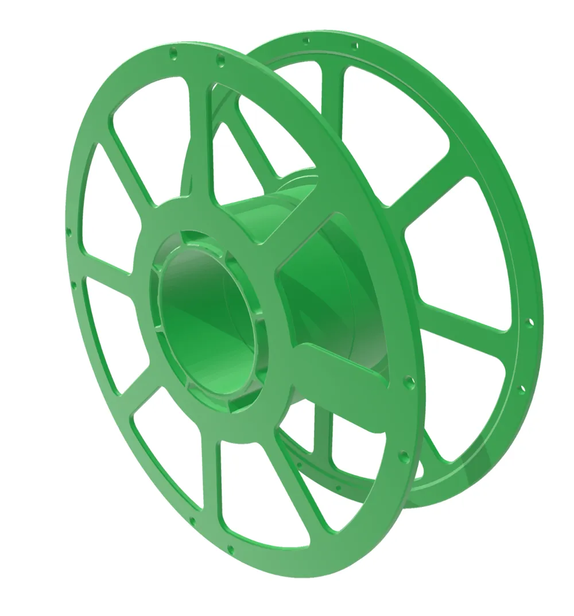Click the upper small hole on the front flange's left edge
tap(69, 233)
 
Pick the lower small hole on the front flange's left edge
tap(73, 284)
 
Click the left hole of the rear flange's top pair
tap(307, 41)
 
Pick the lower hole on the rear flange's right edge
tap(522, 389)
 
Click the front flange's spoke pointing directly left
tap(109, 276)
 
